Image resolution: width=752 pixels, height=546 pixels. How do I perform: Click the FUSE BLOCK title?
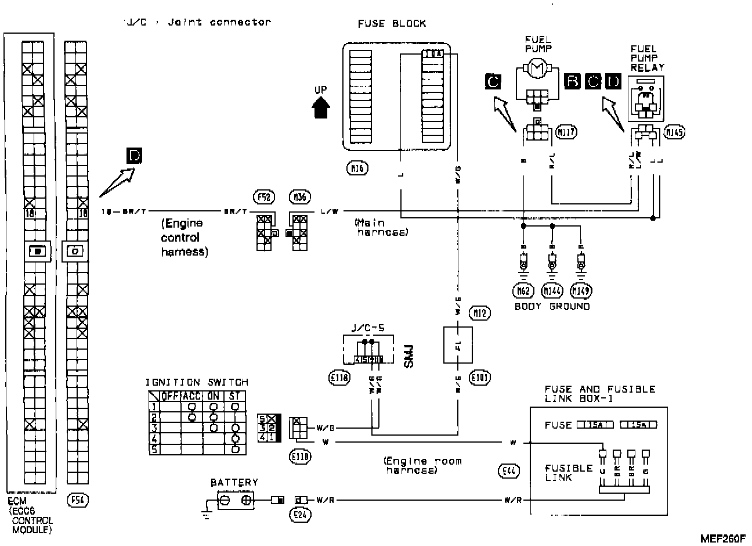pyautogui.click(x=392, y=24)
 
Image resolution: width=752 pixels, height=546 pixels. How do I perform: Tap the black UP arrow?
pyautogui.click(x=321, y=107)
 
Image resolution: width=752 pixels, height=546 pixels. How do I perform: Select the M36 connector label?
pyautogui.click(x=299, y=197)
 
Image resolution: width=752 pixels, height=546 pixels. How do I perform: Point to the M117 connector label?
pyautogui.click(x=566, y=132)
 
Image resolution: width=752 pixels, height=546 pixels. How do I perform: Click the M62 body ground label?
pyautogui.click(x=523, y=290)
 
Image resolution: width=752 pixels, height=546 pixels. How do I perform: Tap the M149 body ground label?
pyautogui.click(x=581, y=290)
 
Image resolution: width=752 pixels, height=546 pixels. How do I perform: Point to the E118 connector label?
pyautogui.click(x=339, y=378)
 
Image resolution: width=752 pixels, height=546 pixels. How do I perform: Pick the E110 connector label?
pyautogui.click(x=299, y=457)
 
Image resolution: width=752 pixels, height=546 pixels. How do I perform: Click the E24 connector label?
pyautogui.click(x=299, y=514)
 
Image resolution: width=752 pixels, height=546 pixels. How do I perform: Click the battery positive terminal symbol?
pyautogui.click(x=246, y=500)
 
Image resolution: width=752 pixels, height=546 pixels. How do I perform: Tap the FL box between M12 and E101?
pyautogui.click(x=458, y=345)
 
